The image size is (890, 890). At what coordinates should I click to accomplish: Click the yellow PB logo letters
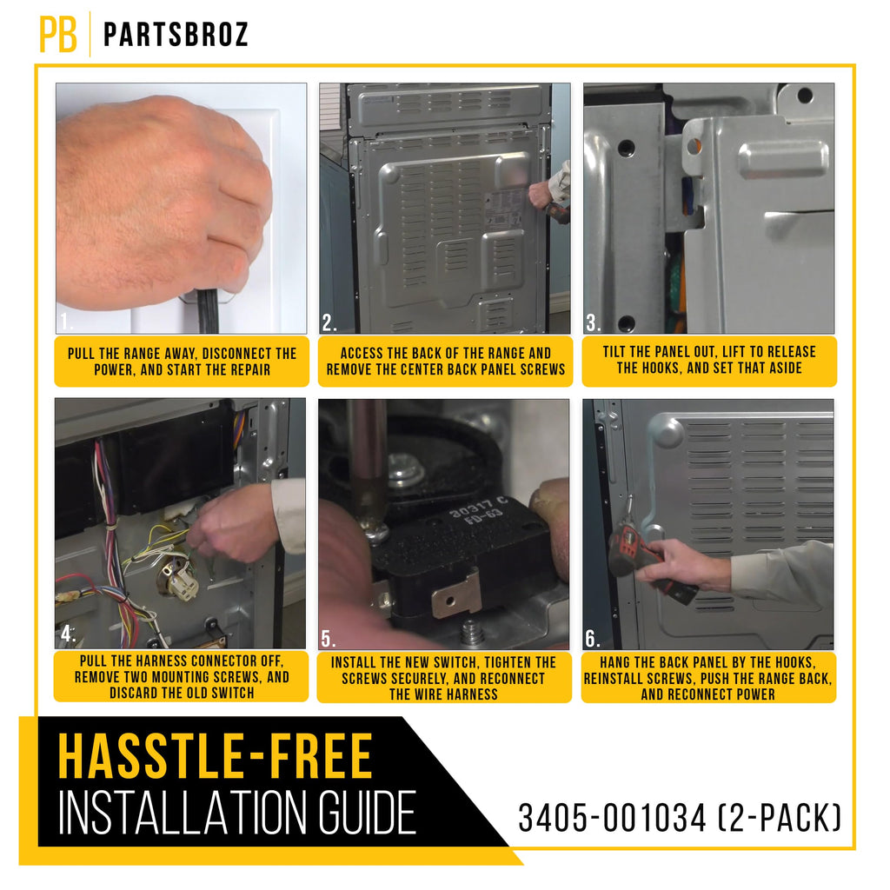click(x=57, y=34)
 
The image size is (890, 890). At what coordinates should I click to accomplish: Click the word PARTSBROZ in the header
click(x=176, y=35)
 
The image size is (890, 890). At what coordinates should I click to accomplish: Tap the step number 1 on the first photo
click(x=66, y=322)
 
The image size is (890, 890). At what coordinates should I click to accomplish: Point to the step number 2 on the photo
click(x=329, y=322)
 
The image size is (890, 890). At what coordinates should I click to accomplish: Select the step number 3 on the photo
click(x=594, y=322)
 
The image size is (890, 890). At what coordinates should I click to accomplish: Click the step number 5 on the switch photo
click(x=328, y=639)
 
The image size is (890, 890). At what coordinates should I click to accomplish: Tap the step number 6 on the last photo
click(x=593, y=639)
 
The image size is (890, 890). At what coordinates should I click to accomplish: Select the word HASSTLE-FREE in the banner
click(x=216, y=756)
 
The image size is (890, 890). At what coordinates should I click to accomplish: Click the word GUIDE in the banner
click(x=368, y=814)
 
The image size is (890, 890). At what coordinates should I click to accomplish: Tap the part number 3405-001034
click(x=613, y=818)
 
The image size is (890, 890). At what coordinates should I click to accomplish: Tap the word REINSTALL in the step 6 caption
click(x=613, y=678)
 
